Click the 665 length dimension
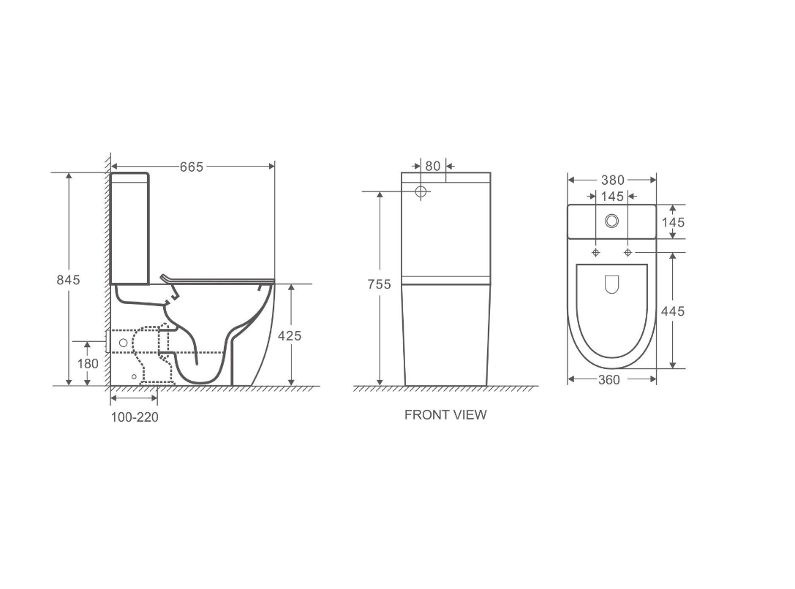[x=192, y=167]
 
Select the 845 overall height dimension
[x=69, y=280]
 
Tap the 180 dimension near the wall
[x=88, y=363]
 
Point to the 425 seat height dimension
[x=290, y=335]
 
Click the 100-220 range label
[x=135, y=417]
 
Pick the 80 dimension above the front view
[x=433, y=166]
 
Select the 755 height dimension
[x=379, y=284]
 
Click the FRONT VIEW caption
[x=445, y=415]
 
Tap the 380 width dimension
[x=612, y=180]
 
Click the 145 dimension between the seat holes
[x=612, y=196]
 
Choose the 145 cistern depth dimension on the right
[x=673, y=222]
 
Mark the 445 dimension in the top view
[x=673, y=311]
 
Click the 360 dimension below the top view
[x=609, y=379]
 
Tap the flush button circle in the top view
[x=612, y=220]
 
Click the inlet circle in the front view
[x=421, y=192]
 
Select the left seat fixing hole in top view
[x=596, y=252]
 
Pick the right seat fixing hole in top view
[x=628, y=252]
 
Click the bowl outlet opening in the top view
[x=612, y=284]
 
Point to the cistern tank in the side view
[x=129, y=228]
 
